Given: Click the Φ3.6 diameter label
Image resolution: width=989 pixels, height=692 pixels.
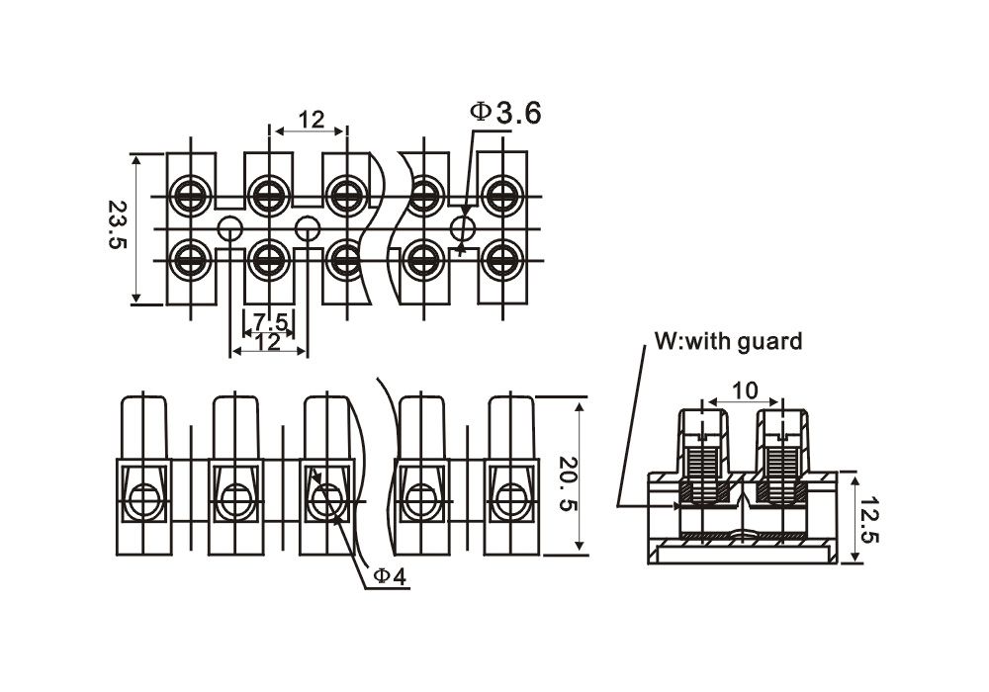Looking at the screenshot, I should click(506, 114).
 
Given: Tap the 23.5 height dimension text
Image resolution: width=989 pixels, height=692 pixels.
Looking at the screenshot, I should click(119, 227).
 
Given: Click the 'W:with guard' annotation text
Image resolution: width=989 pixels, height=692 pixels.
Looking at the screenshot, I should click(729, 343).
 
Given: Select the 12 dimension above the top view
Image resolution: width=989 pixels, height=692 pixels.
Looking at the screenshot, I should click(311, 120).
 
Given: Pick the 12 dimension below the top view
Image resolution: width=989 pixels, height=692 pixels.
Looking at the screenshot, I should click(267, 343).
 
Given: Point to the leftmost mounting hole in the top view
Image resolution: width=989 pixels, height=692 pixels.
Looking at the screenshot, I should click(229, 228).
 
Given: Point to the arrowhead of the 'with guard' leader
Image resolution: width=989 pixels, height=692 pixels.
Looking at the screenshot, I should click(679, 505).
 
